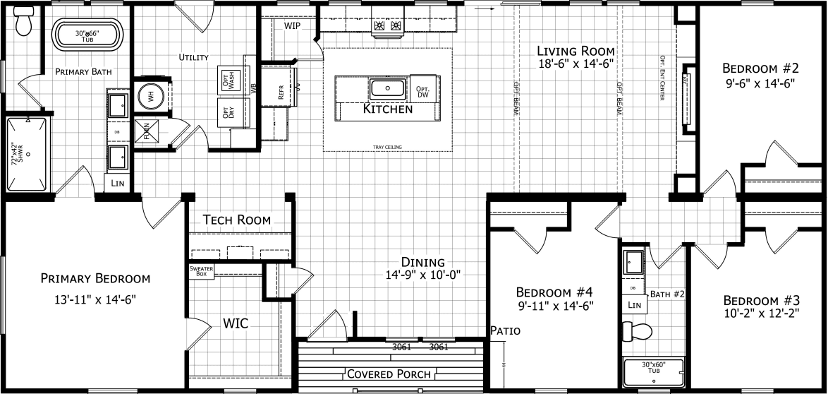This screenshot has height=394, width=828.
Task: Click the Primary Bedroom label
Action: pos(95,277)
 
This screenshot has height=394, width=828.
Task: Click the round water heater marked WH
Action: pos(150,97)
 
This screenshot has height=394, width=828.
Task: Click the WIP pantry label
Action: pos(293,25)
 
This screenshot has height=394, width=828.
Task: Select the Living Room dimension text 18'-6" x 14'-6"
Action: pos(576,63)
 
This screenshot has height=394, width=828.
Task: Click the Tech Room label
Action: pos(236,220)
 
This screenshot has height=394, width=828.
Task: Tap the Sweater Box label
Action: pos(200,271)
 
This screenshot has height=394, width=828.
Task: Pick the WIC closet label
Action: pos(236,323)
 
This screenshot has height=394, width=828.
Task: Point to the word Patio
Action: pos(505,330)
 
